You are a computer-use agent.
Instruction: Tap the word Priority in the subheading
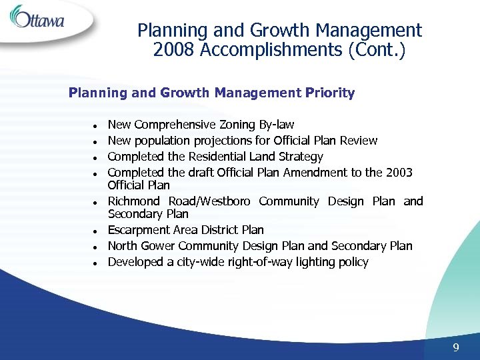330,93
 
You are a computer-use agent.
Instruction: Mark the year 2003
399,173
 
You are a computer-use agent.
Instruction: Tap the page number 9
456,347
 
